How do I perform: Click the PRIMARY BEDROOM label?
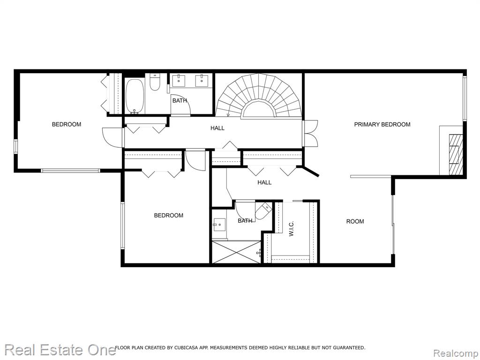point(382,124)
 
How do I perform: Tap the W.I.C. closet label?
point(291,229)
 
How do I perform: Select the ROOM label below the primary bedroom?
point(355,221)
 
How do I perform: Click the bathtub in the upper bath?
point(135,96)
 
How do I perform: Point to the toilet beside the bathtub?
point(155,82)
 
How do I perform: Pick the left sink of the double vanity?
point(178,81)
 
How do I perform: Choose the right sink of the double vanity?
point(202,81)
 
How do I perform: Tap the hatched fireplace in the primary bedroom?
point(456,155)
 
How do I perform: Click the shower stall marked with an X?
point(236,252)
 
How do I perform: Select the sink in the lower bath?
point(219,225)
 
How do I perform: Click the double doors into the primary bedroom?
point(310,134)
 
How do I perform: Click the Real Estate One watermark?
point(60,350)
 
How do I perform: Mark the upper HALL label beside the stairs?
point(217,128)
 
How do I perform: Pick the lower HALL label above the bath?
point(264,182)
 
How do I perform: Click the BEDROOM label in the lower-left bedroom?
point(169,216)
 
